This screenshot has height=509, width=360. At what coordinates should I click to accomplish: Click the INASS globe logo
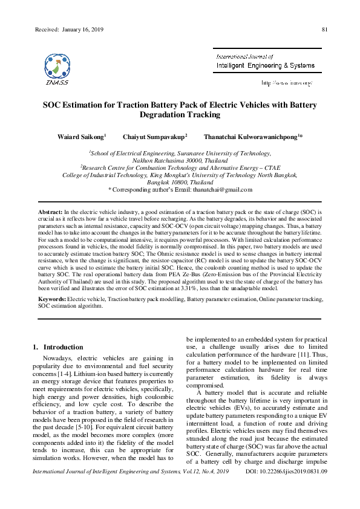[57, 66]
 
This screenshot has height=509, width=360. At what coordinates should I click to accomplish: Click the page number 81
[325, 30]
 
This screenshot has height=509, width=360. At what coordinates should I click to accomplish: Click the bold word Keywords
[52, 299]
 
